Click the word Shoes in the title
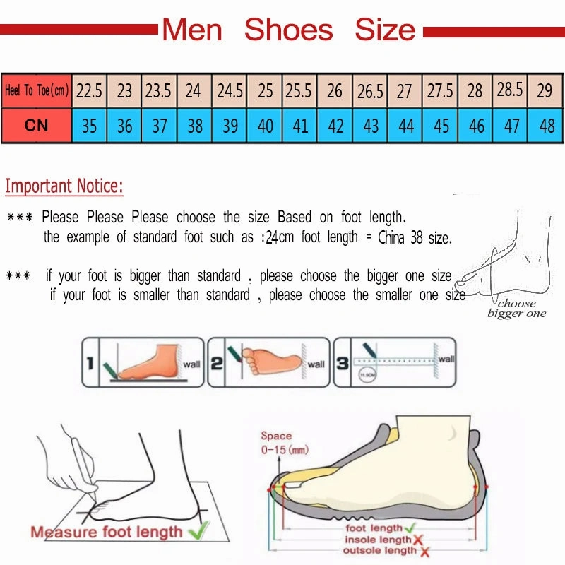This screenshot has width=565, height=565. point(288,30)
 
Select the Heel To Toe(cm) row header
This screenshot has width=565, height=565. point(36,91)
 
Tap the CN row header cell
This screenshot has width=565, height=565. point(36,126)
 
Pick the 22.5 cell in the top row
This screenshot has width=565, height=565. point(89,91)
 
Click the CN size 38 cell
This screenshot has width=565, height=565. point(194,126)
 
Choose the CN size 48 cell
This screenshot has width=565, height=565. point(546,126)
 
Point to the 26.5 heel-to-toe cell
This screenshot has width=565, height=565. point(370,91)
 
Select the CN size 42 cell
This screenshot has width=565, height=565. point(335,126)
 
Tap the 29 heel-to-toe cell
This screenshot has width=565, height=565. point(545,91)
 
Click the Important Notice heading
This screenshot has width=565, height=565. point(64,186)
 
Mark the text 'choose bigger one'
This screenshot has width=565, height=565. point(516,309)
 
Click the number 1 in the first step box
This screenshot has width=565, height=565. point(90,364)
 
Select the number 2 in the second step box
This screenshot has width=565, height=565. point(217,364)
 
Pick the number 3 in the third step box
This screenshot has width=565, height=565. point(342,364)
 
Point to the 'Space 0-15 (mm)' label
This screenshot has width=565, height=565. point(284,443)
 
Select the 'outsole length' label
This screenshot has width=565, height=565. point(379,551)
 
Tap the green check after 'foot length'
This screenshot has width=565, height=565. point(409,528)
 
